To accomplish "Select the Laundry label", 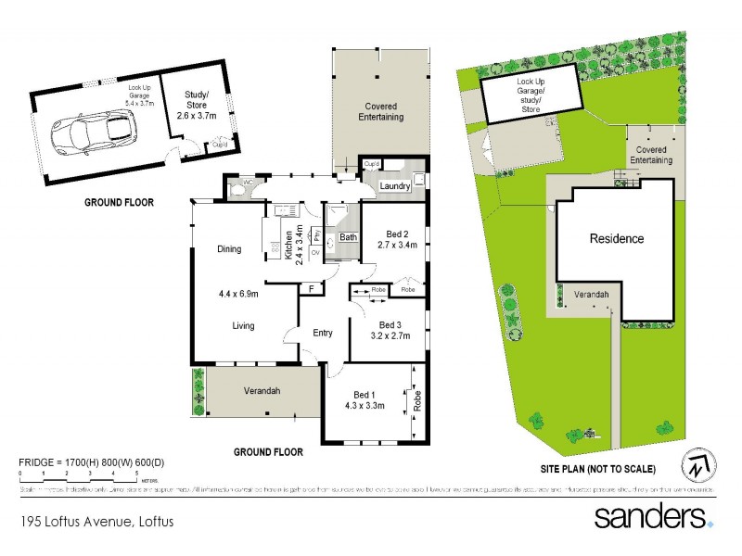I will [x=396, y=186].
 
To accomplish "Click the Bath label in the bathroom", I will [x=348, y=237].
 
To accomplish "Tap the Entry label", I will [x=323, y=334].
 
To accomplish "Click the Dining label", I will [x=229, y=248].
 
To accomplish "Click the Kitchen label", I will [x=288, y=246].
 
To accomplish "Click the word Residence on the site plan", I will [x=617, y=238].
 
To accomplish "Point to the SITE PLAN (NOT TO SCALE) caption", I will [x=599, y=468].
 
